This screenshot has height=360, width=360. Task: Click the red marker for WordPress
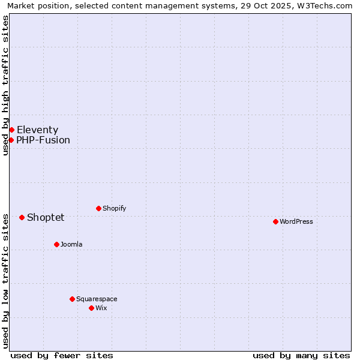pos(275,221)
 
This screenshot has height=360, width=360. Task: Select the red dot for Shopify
pos(98,208)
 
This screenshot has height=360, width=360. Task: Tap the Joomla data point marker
pos(56,244)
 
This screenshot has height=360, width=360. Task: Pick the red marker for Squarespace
pos(72,299)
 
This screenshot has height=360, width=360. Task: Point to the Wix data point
pos(91,308)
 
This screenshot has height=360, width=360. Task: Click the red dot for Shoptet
pos(22,217)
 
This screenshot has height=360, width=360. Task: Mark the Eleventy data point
pos(11,130)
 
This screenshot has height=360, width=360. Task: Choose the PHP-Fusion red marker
pos(11,140)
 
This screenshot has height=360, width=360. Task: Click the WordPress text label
pos(296,221)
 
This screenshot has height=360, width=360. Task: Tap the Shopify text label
pos(115,208)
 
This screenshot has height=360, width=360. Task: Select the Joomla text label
pos(71,244)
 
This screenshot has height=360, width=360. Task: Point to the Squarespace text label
pos(97,299)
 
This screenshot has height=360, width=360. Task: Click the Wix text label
pos(101,308)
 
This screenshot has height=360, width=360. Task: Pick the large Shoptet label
pos(46,217)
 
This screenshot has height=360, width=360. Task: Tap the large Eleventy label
pos(37,130)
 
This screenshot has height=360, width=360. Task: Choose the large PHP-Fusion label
pos(43,140)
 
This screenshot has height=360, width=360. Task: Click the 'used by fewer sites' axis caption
pos(62,355)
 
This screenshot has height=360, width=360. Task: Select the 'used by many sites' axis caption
pos(301,355)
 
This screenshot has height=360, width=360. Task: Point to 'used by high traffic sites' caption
pos(5,85)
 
